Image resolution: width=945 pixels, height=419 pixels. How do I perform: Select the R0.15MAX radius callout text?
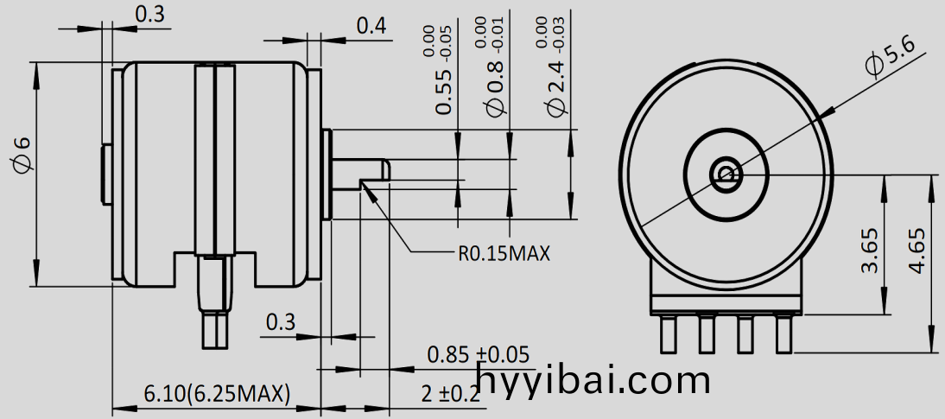point(504,253)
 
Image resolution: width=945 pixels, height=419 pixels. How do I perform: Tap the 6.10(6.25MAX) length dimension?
point(216,394)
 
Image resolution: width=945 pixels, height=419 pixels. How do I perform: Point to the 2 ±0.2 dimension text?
point(450,394)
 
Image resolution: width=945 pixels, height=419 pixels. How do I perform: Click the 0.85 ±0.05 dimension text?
point(478,354)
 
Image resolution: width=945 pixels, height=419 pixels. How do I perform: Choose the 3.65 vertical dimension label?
point(870,251)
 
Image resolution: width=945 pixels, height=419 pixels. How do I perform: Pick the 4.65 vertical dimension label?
point(917,251)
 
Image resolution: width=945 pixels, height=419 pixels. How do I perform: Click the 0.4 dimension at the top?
point(371,26)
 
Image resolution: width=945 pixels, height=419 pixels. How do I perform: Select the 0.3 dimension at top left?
point(150,14)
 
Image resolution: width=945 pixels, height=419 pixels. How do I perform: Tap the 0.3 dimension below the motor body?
point(280,322)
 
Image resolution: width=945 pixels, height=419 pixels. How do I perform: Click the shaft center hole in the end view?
point(725,175)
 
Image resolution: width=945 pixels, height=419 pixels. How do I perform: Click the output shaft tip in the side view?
point(380,168)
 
